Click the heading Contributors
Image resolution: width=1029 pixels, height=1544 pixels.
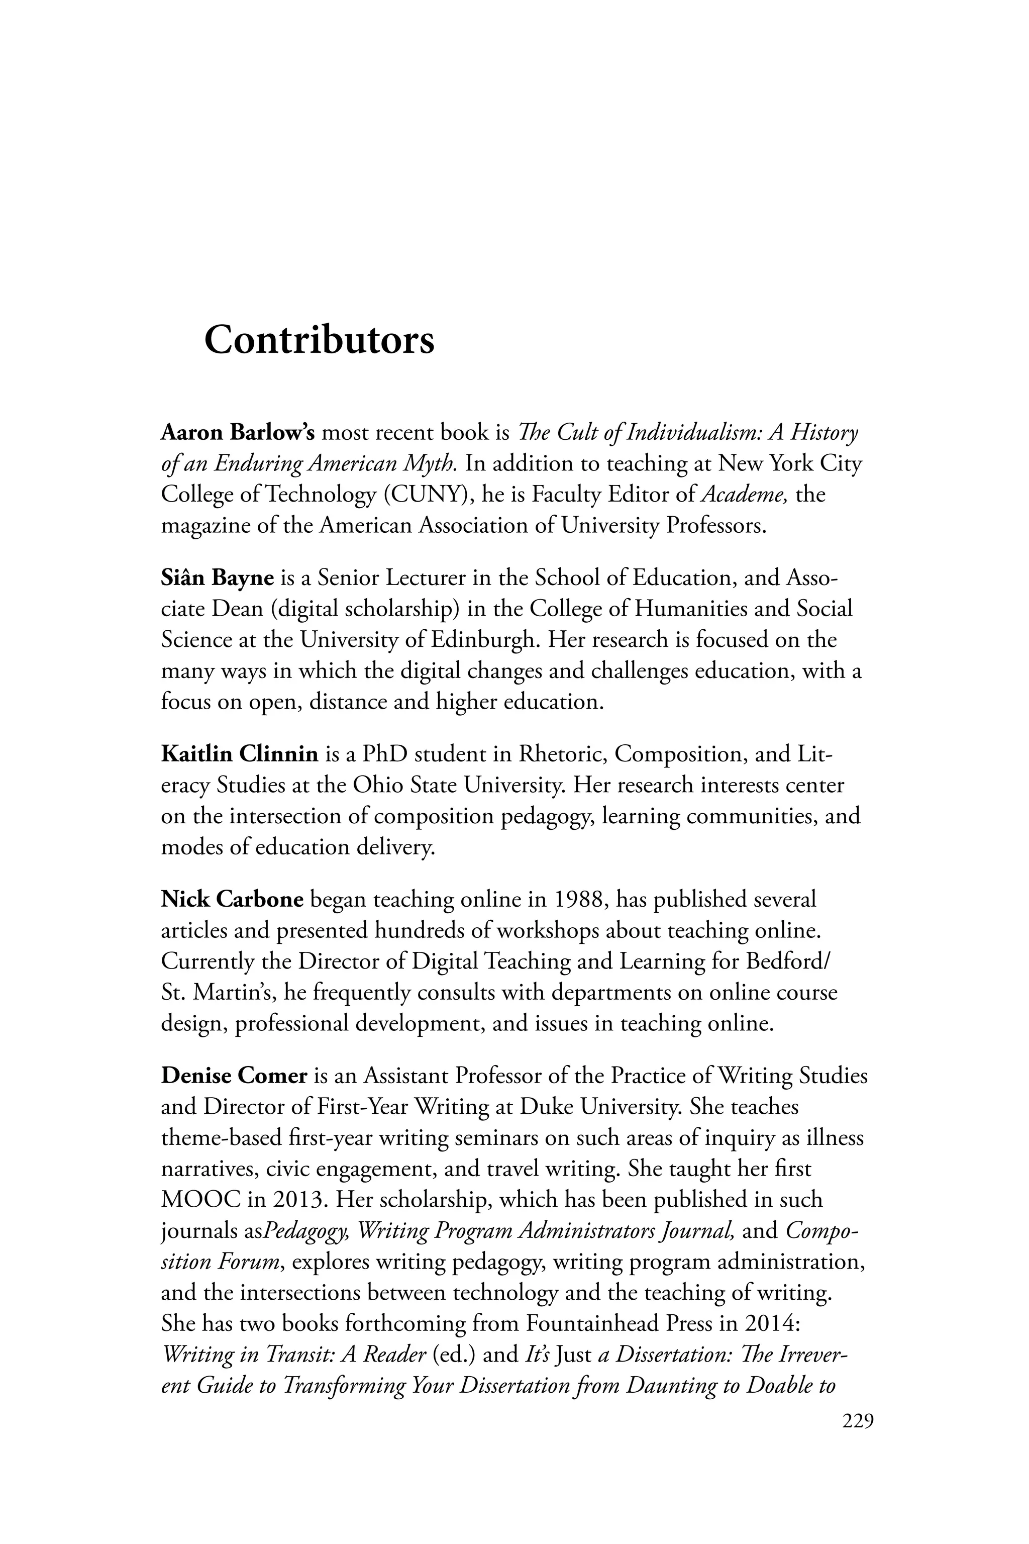319,340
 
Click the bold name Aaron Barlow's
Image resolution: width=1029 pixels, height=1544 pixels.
238,433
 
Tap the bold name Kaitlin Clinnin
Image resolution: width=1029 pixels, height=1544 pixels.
240,754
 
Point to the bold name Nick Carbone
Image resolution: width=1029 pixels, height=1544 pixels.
232,899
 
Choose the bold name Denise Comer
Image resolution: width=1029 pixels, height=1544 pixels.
234,1076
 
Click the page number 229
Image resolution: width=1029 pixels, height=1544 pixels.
858,1422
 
